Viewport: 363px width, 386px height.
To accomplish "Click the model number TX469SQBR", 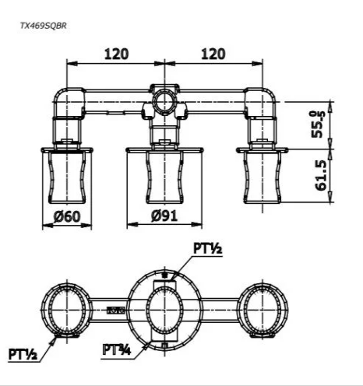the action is [x=44, y=26].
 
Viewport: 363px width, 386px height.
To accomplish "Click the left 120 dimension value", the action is [x=116, y=54].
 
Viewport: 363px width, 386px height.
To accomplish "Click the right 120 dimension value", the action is [x=213, y=54].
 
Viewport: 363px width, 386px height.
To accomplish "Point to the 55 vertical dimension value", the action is [x=317, y=125].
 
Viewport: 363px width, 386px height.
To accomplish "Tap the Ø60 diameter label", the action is [x=67, y=216].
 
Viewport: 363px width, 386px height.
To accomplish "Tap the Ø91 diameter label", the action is [x=164, y=216].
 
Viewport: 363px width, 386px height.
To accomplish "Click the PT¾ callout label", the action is [x=117, y=349].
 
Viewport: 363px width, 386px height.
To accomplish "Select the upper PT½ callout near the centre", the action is [x=208, y=248].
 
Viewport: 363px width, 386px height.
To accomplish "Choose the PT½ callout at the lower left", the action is [x=23, y=354].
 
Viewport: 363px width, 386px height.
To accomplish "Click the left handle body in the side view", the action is [x=67, y=177].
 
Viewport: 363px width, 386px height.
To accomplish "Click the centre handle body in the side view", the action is [x=164, y=177].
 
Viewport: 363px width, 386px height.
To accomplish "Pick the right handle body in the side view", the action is [x=263, y=177].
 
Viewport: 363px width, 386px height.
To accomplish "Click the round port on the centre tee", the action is [x=164, y=101].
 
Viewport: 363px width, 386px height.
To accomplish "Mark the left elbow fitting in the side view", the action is [x=69, y=103].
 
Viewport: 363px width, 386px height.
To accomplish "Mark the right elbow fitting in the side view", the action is [x=260, y=103].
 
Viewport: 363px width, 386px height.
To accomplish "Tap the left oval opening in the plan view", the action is [x=67, y=310].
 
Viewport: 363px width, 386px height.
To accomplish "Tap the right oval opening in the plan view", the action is [x=263, y=310].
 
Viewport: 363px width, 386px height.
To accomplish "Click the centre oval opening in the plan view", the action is [x=164, y=310].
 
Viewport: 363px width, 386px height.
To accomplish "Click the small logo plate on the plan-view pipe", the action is [x=116, y=310].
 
